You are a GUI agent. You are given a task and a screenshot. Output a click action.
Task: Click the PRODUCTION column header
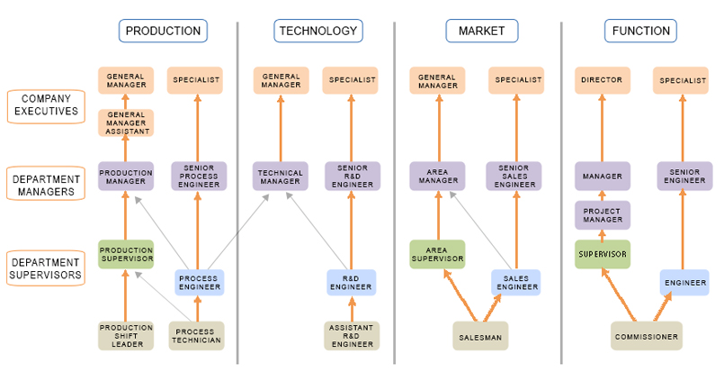pos(163,31)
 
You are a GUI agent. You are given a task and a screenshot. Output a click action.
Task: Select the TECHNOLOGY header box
pos(317,31)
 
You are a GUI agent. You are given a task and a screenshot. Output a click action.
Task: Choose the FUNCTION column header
pos(640,31)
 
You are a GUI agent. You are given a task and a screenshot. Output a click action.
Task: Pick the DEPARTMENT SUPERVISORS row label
pos(46,267)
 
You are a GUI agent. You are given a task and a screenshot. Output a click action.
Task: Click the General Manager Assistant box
pos(126,122)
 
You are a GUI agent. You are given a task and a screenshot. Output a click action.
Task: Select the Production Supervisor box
pos(126,254)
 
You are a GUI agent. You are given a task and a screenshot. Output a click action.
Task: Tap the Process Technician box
pos(196,336)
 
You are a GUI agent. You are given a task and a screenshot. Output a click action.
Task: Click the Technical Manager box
pos(281,176)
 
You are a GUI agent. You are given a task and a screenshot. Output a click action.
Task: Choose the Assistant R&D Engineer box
pos(351,336)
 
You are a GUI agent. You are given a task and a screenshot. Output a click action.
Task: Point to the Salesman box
pos(480,336)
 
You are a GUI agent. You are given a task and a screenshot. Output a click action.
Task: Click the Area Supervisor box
pos(437,254)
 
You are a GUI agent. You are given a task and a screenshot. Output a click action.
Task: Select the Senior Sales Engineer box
pos(514,176)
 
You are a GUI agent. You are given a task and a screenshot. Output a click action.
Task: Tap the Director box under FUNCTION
pos(603,80)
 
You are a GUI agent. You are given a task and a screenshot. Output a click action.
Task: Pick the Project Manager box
pos(603,215)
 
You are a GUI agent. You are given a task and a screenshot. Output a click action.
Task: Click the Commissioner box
pos(646,336)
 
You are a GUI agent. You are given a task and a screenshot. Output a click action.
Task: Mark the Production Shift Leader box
pos(126,336)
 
